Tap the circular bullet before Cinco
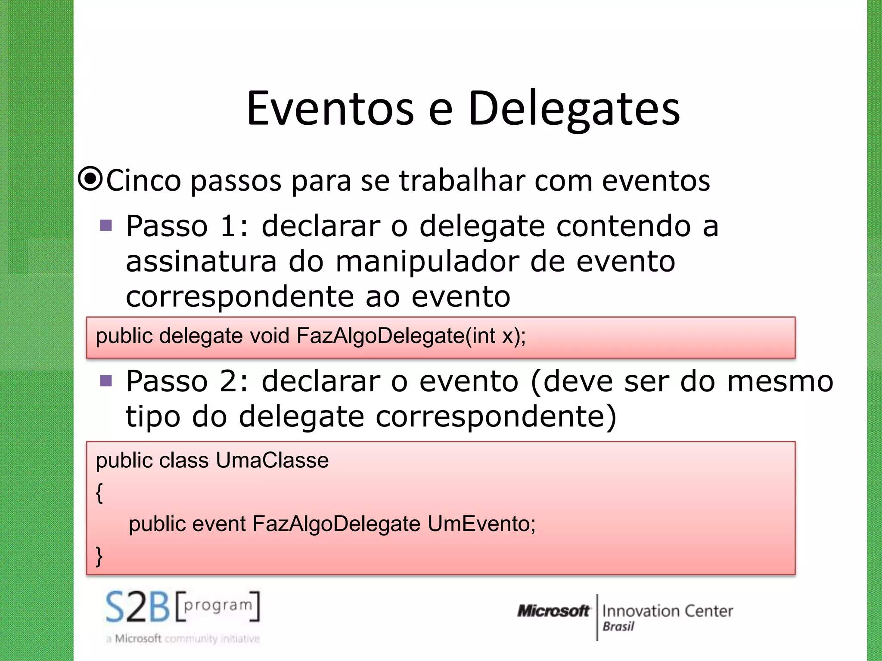(x=90, y=179)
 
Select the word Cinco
(x=143, y=180)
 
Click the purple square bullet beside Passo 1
(x=106, y=225)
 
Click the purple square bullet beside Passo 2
(x=106, y=380)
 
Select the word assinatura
(x=201, y=262)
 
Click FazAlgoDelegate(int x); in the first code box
(x=411, y=336)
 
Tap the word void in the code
(x=269, y=336)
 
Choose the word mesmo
(x=780, y=381)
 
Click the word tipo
(x=153, y=417)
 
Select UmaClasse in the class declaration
(x=272, y=460)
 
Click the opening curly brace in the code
(x=99, y=492)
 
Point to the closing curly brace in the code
(x=99, y=556)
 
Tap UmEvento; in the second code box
(x=481, y=524)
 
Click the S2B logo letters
(x=138, y=607)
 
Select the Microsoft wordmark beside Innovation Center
(x=553, y=611)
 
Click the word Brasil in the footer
(x=618, y=627)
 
